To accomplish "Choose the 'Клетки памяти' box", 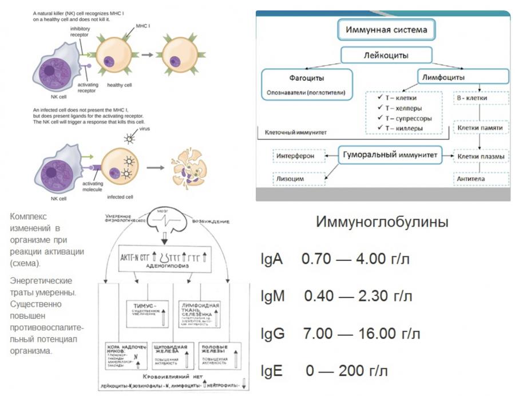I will coord(480,128).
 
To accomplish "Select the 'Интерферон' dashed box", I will coord(298,155).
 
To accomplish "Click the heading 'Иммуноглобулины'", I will coord(382,222).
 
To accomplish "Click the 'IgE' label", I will coord(272,371).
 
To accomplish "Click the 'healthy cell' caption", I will coord(120,85).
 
